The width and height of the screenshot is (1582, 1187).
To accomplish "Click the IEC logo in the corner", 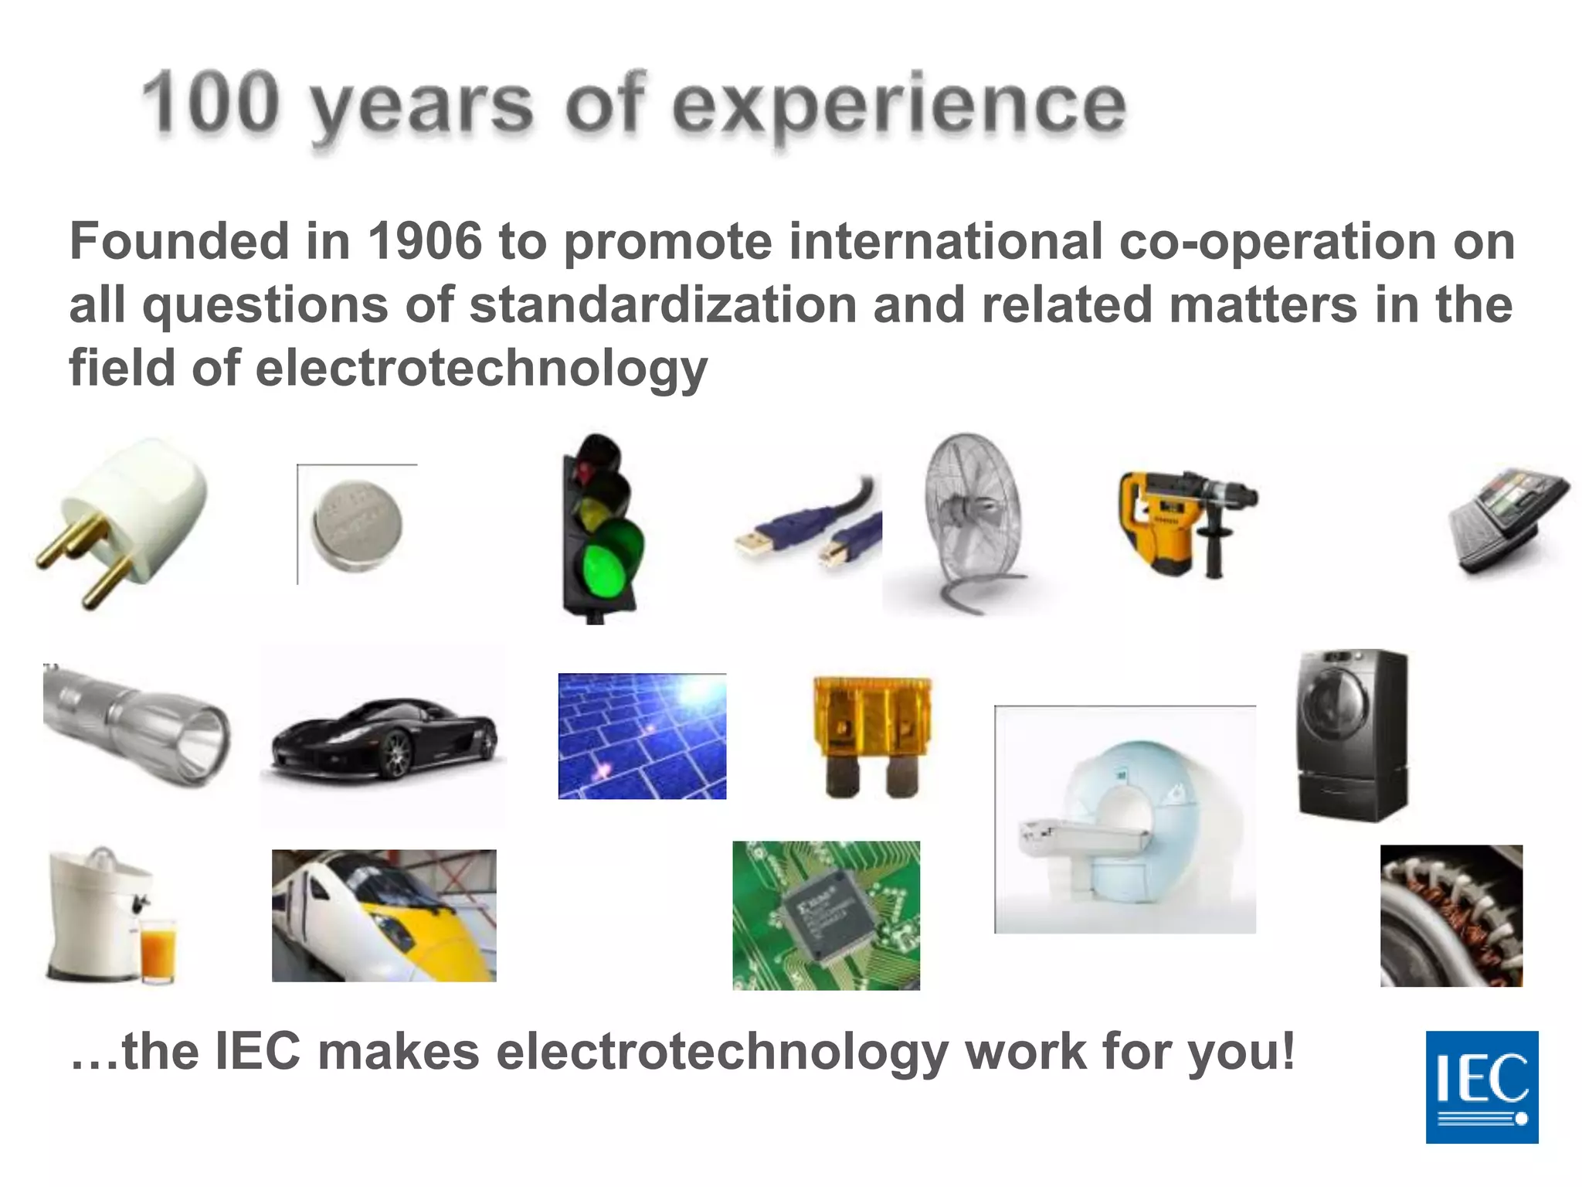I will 1482,1087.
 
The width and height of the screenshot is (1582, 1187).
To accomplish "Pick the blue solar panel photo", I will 642,736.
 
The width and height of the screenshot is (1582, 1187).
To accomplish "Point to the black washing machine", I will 1352,734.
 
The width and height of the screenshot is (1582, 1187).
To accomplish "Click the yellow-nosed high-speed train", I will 384,916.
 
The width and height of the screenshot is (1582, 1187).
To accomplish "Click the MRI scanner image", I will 1125,819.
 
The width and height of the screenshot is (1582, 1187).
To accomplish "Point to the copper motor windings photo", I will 1451,916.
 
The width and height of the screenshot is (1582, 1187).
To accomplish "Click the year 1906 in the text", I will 424,241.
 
